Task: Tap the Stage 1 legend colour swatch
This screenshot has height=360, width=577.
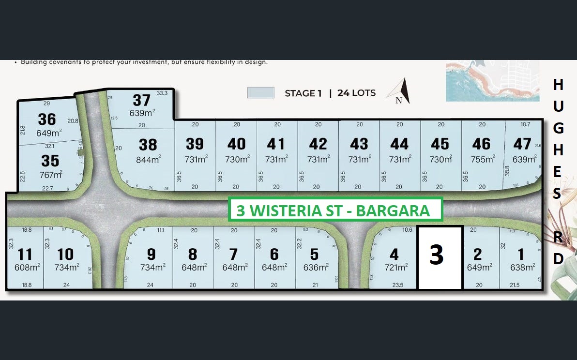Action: pyautogui.click(x=260, y=92)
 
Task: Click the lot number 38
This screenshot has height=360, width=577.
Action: pyautogui.click(x=148, y=145)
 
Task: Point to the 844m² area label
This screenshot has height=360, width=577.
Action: pyautogui.click(x=148, y=159)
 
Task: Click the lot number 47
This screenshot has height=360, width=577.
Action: pyautogui.click(x=522, y=144)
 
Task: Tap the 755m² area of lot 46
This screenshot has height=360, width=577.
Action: pyautogui.click(x=481, y=159)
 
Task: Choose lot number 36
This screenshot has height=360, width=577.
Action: pyautogui.click(x=47, y=119)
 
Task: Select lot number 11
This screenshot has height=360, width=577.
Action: pyautogui.click(x=24, y=254)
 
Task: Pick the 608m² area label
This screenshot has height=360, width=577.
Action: pyautogui.click(x=27, y=267)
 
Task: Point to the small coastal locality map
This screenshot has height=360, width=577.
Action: pyautogui.click(x=492, y=81)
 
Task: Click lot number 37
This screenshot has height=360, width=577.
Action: pyautogui.click(x=141, y=100)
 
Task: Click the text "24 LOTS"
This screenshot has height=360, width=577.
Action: pyautogui.click(x=356, y=93)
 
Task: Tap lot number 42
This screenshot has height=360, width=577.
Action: pyautogui.click(x=318, y=144)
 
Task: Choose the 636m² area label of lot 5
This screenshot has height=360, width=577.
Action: pyautogui.click(x=315, y=267)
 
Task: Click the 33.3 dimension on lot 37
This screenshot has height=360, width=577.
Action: pyautogui.click(x=162, y=93)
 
